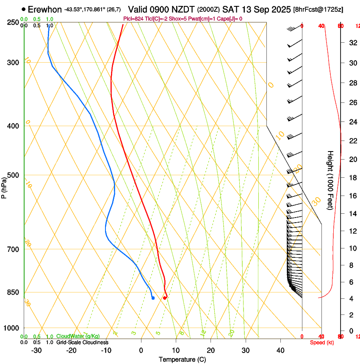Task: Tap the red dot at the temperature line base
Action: tap(165, 298)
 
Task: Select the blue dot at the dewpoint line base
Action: tap(153, 298)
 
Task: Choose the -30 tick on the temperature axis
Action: tap(36, 350)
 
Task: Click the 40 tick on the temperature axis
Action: tap(280, 350)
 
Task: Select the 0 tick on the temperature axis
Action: tap(141, 350)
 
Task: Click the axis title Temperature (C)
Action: tap(182, 359)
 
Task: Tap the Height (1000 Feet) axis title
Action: tap(330, 180)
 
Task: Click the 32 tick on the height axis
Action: tap(352, 43)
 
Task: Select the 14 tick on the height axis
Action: tap(352, 214)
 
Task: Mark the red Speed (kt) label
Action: tap(322, 342)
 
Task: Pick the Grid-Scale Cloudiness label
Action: tap(82, 342)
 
